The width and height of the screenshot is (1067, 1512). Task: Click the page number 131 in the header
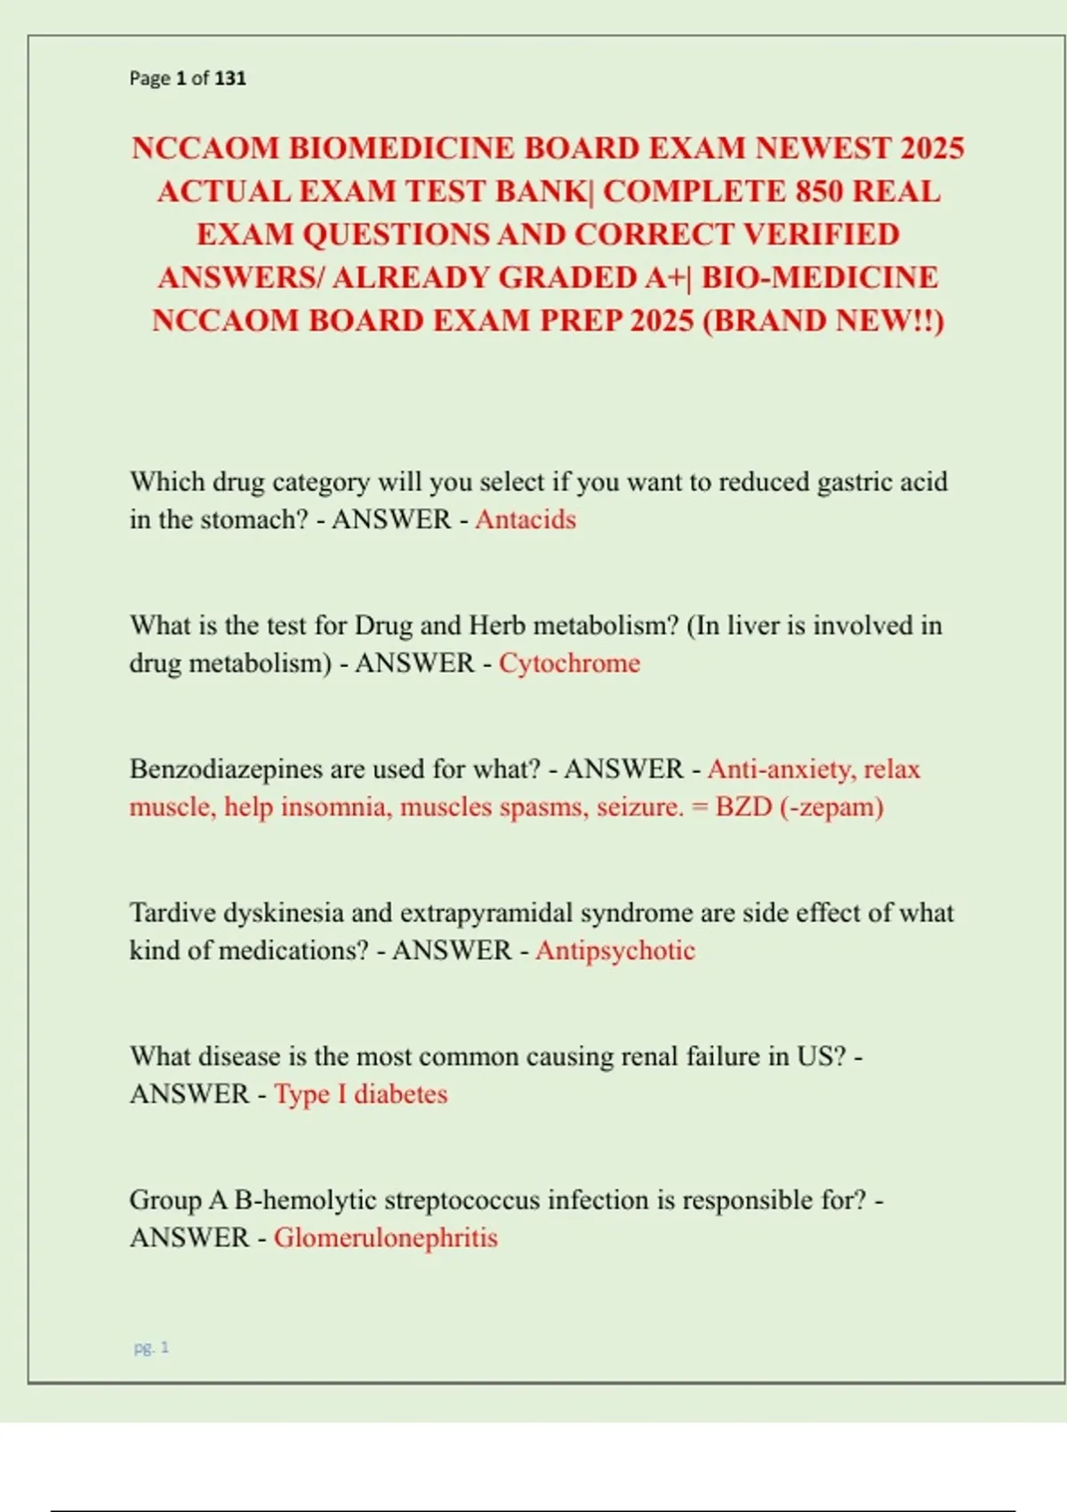click(x=230, y=78)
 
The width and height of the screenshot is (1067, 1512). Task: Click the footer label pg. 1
click(x=151, y=1347)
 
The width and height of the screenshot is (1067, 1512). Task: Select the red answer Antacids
click(x=525, y=519)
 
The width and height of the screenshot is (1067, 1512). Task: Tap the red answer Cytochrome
click(x=569, y=663)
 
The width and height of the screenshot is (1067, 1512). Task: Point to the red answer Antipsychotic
click(x=614, y=950)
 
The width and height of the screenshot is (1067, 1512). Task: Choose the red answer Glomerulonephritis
click(x=385, y=1237)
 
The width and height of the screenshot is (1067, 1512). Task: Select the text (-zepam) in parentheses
click(x=831, y=807)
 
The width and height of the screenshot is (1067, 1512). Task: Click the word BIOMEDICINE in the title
click(x=400, y=148)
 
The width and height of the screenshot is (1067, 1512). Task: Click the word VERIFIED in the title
click(x=821, y=234)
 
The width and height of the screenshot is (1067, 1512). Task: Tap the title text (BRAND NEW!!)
click(x=823, y=320)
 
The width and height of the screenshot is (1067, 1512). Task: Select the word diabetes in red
click(x=400, y=1094)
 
